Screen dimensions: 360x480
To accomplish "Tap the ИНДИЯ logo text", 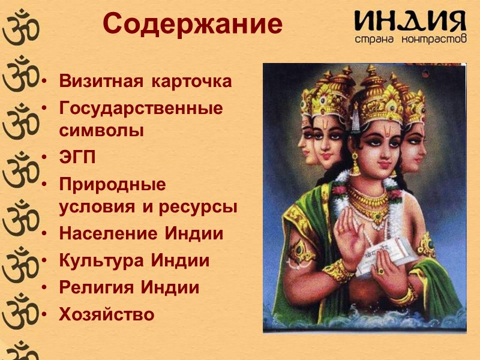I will (x=410, y=22).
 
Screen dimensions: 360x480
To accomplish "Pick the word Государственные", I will (x=141, y=109).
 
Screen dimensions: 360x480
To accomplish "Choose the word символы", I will (x=101, y=130).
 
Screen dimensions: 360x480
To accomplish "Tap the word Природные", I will (x=112, y=185).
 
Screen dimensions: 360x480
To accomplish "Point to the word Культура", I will (x=101, y=261).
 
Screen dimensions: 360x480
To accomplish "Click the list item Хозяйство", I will (x=107, y=314).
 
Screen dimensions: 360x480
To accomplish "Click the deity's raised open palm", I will (x=352, y=232).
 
